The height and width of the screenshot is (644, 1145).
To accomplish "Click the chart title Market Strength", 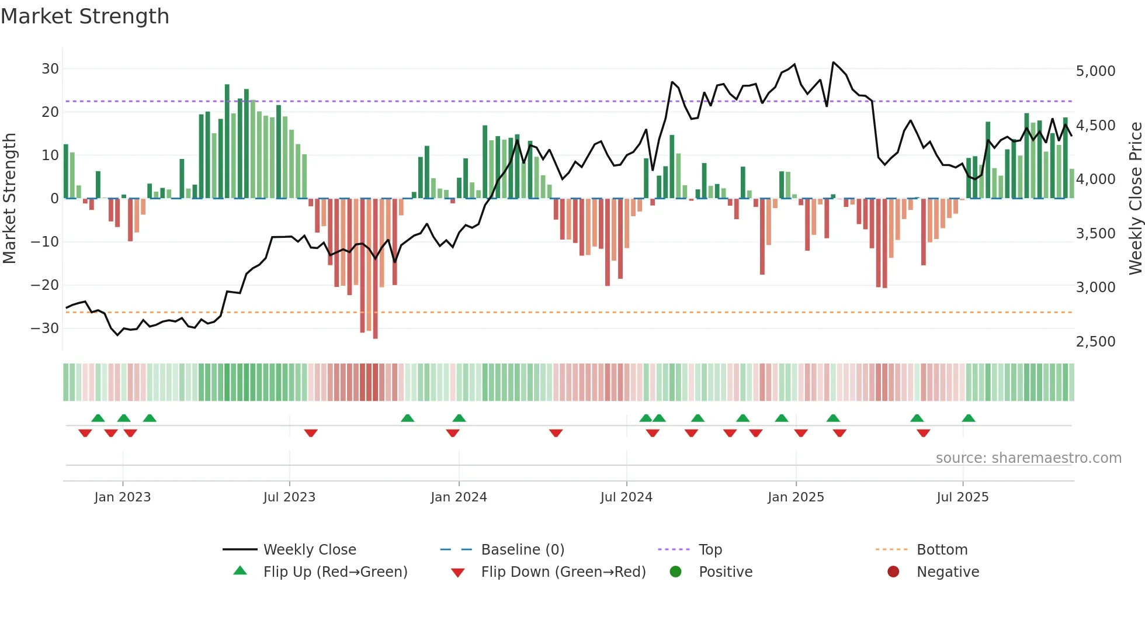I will [x=85, y=16].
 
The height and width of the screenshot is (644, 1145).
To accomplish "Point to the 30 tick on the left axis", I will [x=50, y=69].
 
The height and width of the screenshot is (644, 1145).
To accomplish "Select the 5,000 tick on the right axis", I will [x=1095, y=71].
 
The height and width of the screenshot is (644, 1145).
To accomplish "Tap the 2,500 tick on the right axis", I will [x=1095, y=342].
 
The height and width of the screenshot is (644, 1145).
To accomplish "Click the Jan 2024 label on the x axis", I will [x=459, y=497].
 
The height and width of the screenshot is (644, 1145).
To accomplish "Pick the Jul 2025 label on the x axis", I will [x=962, y=497].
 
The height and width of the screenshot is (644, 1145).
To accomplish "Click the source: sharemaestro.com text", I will [x=1028, y=458].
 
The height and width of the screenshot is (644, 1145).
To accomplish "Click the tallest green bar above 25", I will [x=227, y=141].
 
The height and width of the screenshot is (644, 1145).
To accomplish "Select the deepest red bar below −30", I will [x=375, y=269].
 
